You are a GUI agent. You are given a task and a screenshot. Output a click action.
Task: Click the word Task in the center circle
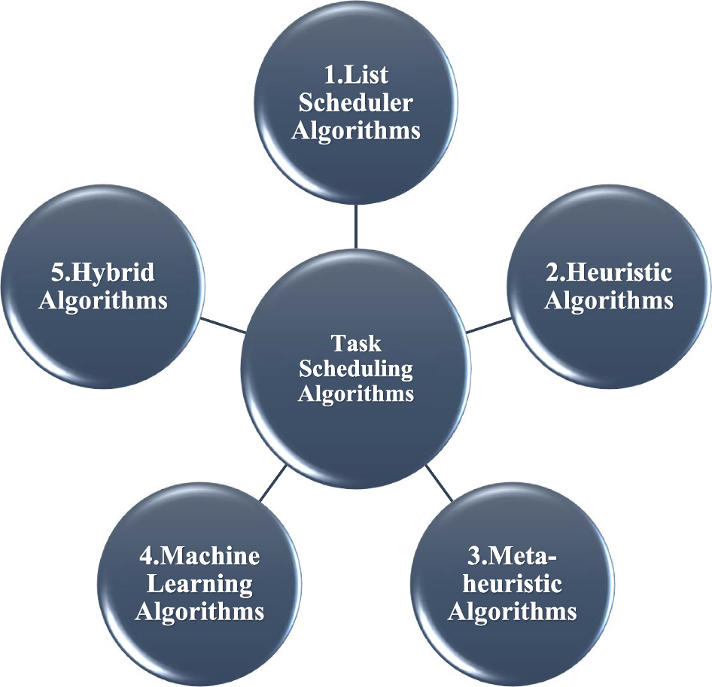click(356, 343)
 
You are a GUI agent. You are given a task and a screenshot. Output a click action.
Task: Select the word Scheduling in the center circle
click(356, 369)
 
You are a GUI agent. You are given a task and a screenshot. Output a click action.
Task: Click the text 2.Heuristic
click(608, 272)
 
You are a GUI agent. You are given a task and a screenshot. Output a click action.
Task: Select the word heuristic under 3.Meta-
click(513, 584)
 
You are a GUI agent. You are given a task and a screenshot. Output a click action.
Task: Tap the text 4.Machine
click(199, 557)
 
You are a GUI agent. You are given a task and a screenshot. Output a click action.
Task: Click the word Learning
click(199, 583)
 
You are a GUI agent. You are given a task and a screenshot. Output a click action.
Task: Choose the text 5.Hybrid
click(103, 272)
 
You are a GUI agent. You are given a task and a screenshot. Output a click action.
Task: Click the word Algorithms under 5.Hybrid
click(103, 300)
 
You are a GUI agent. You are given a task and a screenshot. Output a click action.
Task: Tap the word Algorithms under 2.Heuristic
click(608, 300)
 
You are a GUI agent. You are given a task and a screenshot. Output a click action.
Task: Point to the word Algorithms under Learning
click(199, 610)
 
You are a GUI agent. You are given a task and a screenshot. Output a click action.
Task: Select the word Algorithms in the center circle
click(356, 394)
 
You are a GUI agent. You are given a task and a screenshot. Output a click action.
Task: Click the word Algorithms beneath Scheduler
click(356, 129)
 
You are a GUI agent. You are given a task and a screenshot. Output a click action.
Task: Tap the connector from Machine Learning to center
click(273, 482)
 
